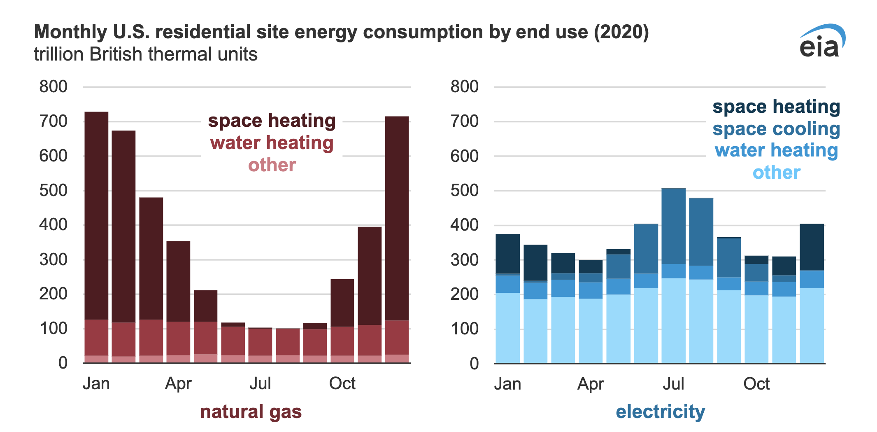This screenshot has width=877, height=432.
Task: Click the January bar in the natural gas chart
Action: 96,237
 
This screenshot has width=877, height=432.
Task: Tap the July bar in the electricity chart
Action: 673,276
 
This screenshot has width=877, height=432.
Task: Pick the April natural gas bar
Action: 178,301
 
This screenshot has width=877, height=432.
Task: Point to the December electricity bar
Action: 812,293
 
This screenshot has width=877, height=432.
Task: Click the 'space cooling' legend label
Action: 776,129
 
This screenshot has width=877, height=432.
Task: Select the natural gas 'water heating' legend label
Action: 272,143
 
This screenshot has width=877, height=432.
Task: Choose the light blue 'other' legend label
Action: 776,173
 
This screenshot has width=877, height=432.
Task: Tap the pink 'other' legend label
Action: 272,165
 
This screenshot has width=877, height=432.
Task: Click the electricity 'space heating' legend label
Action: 776,107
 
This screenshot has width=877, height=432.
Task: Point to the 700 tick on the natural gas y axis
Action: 53,121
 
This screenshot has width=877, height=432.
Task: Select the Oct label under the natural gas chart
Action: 342,384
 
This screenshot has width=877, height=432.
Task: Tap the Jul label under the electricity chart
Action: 673,384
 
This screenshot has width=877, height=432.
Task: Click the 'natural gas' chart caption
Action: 251,411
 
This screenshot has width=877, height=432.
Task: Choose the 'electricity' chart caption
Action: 660,411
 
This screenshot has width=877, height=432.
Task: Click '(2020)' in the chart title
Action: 621,32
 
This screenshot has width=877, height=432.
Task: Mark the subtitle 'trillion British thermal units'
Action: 146,54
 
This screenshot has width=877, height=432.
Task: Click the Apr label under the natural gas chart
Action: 178,384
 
